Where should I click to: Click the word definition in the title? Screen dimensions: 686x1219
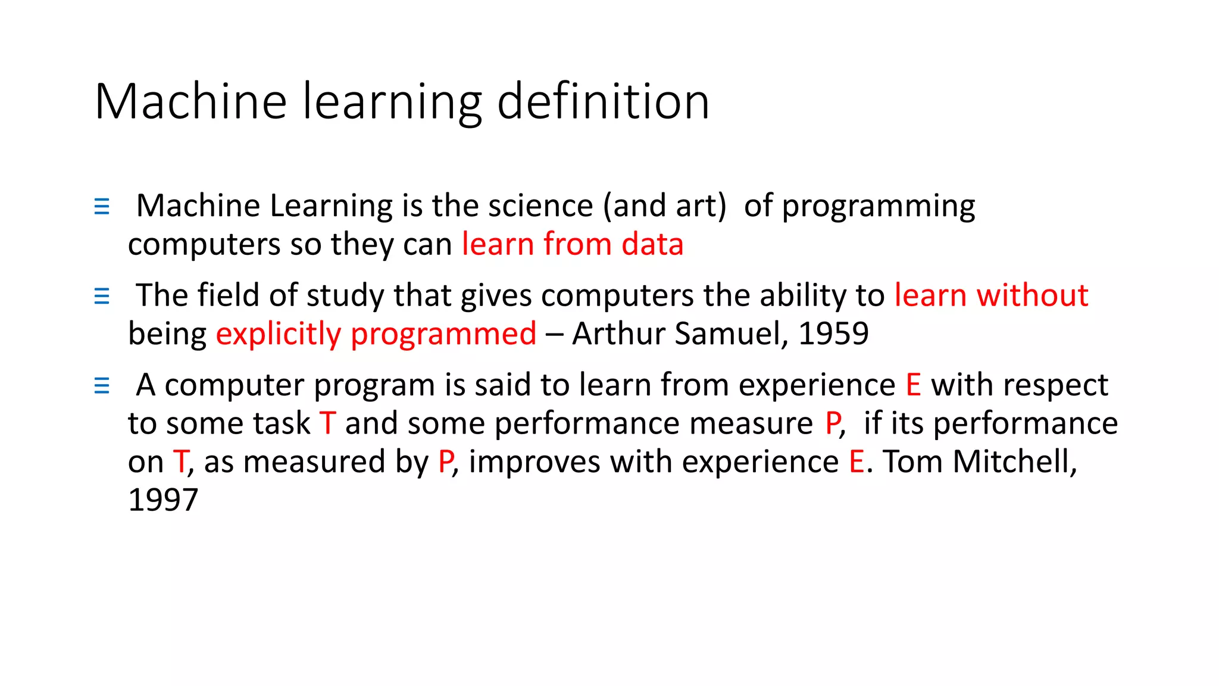(x=603, y=102)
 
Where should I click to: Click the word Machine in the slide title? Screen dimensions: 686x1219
(x=190, y=102)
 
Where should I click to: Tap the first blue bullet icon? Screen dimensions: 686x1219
(x=102, y=207)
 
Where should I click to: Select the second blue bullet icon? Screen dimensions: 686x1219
(x=102, y=296)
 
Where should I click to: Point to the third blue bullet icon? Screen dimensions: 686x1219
(x=102, y=386)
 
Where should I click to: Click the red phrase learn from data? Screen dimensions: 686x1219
(x=573, y=244)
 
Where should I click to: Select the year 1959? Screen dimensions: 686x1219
(x=833, y=333)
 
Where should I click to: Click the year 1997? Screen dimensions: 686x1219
(x=162, y=500)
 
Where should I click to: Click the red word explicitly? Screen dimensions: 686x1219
(x=278, y=334)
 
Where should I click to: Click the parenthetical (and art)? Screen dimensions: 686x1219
(x=664, y=206)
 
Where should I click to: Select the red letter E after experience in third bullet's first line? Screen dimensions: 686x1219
(x=913, y=385)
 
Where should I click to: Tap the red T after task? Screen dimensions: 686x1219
(x=328, y=423)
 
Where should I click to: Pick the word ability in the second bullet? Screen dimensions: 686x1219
(x=802, y=296)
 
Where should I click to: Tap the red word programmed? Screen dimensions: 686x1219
(x=443, y=334)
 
